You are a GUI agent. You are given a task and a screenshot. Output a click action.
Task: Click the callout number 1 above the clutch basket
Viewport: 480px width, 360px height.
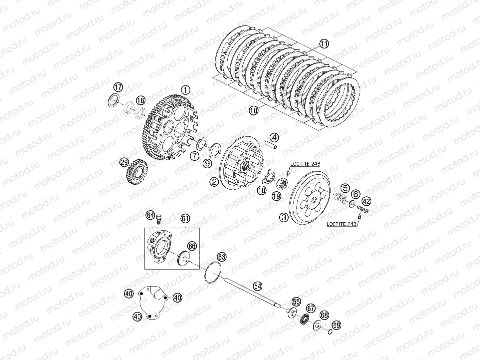point(186,90)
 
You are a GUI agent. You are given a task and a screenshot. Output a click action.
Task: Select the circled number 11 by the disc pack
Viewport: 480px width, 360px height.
point(325,44)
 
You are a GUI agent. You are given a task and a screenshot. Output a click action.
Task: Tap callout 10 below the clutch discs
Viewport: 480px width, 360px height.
point(253,111)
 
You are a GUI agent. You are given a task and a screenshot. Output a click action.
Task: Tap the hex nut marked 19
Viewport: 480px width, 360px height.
point(282,184)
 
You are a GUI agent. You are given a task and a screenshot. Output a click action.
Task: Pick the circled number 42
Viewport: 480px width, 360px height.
point(367,201)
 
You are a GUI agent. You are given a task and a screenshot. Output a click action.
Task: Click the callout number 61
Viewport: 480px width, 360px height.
point(185,218)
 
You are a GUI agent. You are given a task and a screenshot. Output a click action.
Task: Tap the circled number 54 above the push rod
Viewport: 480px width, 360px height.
point(257,286)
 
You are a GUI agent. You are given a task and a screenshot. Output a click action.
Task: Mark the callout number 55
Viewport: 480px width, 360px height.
point(297,302)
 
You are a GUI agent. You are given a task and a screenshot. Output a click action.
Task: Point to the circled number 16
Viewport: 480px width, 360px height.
point(140,100)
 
